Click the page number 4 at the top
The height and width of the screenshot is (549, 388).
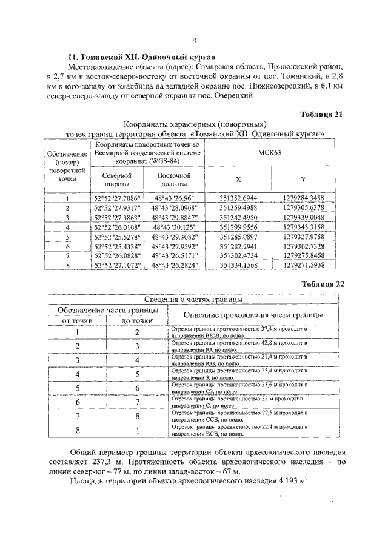[x=194, y=41]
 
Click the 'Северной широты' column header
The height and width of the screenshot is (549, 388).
[x=116, y=179]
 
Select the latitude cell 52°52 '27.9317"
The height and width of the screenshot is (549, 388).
[x=116, y=207]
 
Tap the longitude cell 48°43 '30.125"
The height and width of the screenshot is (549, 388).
[x=172, y=227]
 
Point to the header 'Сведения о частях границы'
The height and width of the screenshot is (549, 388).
[x=193, y=300]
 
